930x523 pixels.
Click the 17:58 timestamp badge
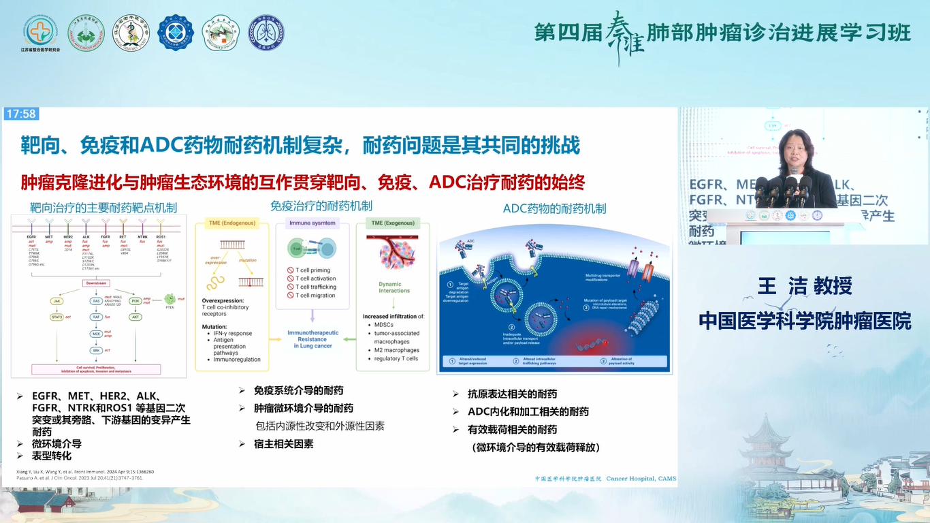pos(20,114)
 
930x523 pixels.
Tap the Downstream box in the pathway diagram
pos(97,283)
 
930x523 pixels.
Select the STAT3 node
pos(57,317)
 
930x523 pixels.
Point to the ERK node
pos(97,351)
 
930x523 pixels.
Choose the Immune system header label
pos(312,223)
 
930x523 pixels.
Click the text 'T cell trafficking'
pos(315,287)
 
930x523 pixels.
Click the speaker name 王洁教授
pos(805,286)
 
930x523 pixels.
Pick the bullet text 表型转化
pos(52,456)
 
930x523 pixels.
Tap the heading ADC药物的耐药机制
pos(554,208)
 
